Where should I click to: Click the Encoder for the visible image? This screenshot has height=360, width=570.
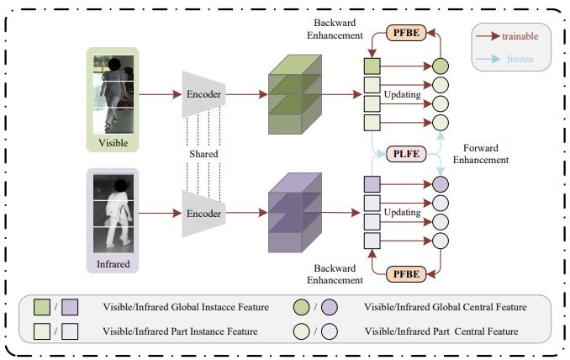(204, 94)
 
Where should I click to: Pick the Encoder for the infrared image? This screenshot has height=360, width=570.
(204, 214)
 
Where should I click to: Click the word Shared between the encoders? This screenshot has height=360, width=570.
(203, 154)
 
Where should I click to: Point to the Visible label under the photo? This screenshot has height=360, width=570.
(113, 143)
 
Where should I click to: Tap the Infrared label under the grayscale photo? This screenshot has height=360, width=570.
(113, 262)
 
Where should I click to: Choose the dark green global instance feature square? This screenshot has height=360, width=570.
(372, 65)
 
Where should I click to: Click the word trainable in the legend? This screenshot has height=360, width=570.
(520, 36)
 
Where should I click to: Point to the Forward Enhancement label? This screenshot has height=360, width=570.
(481, 153)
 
